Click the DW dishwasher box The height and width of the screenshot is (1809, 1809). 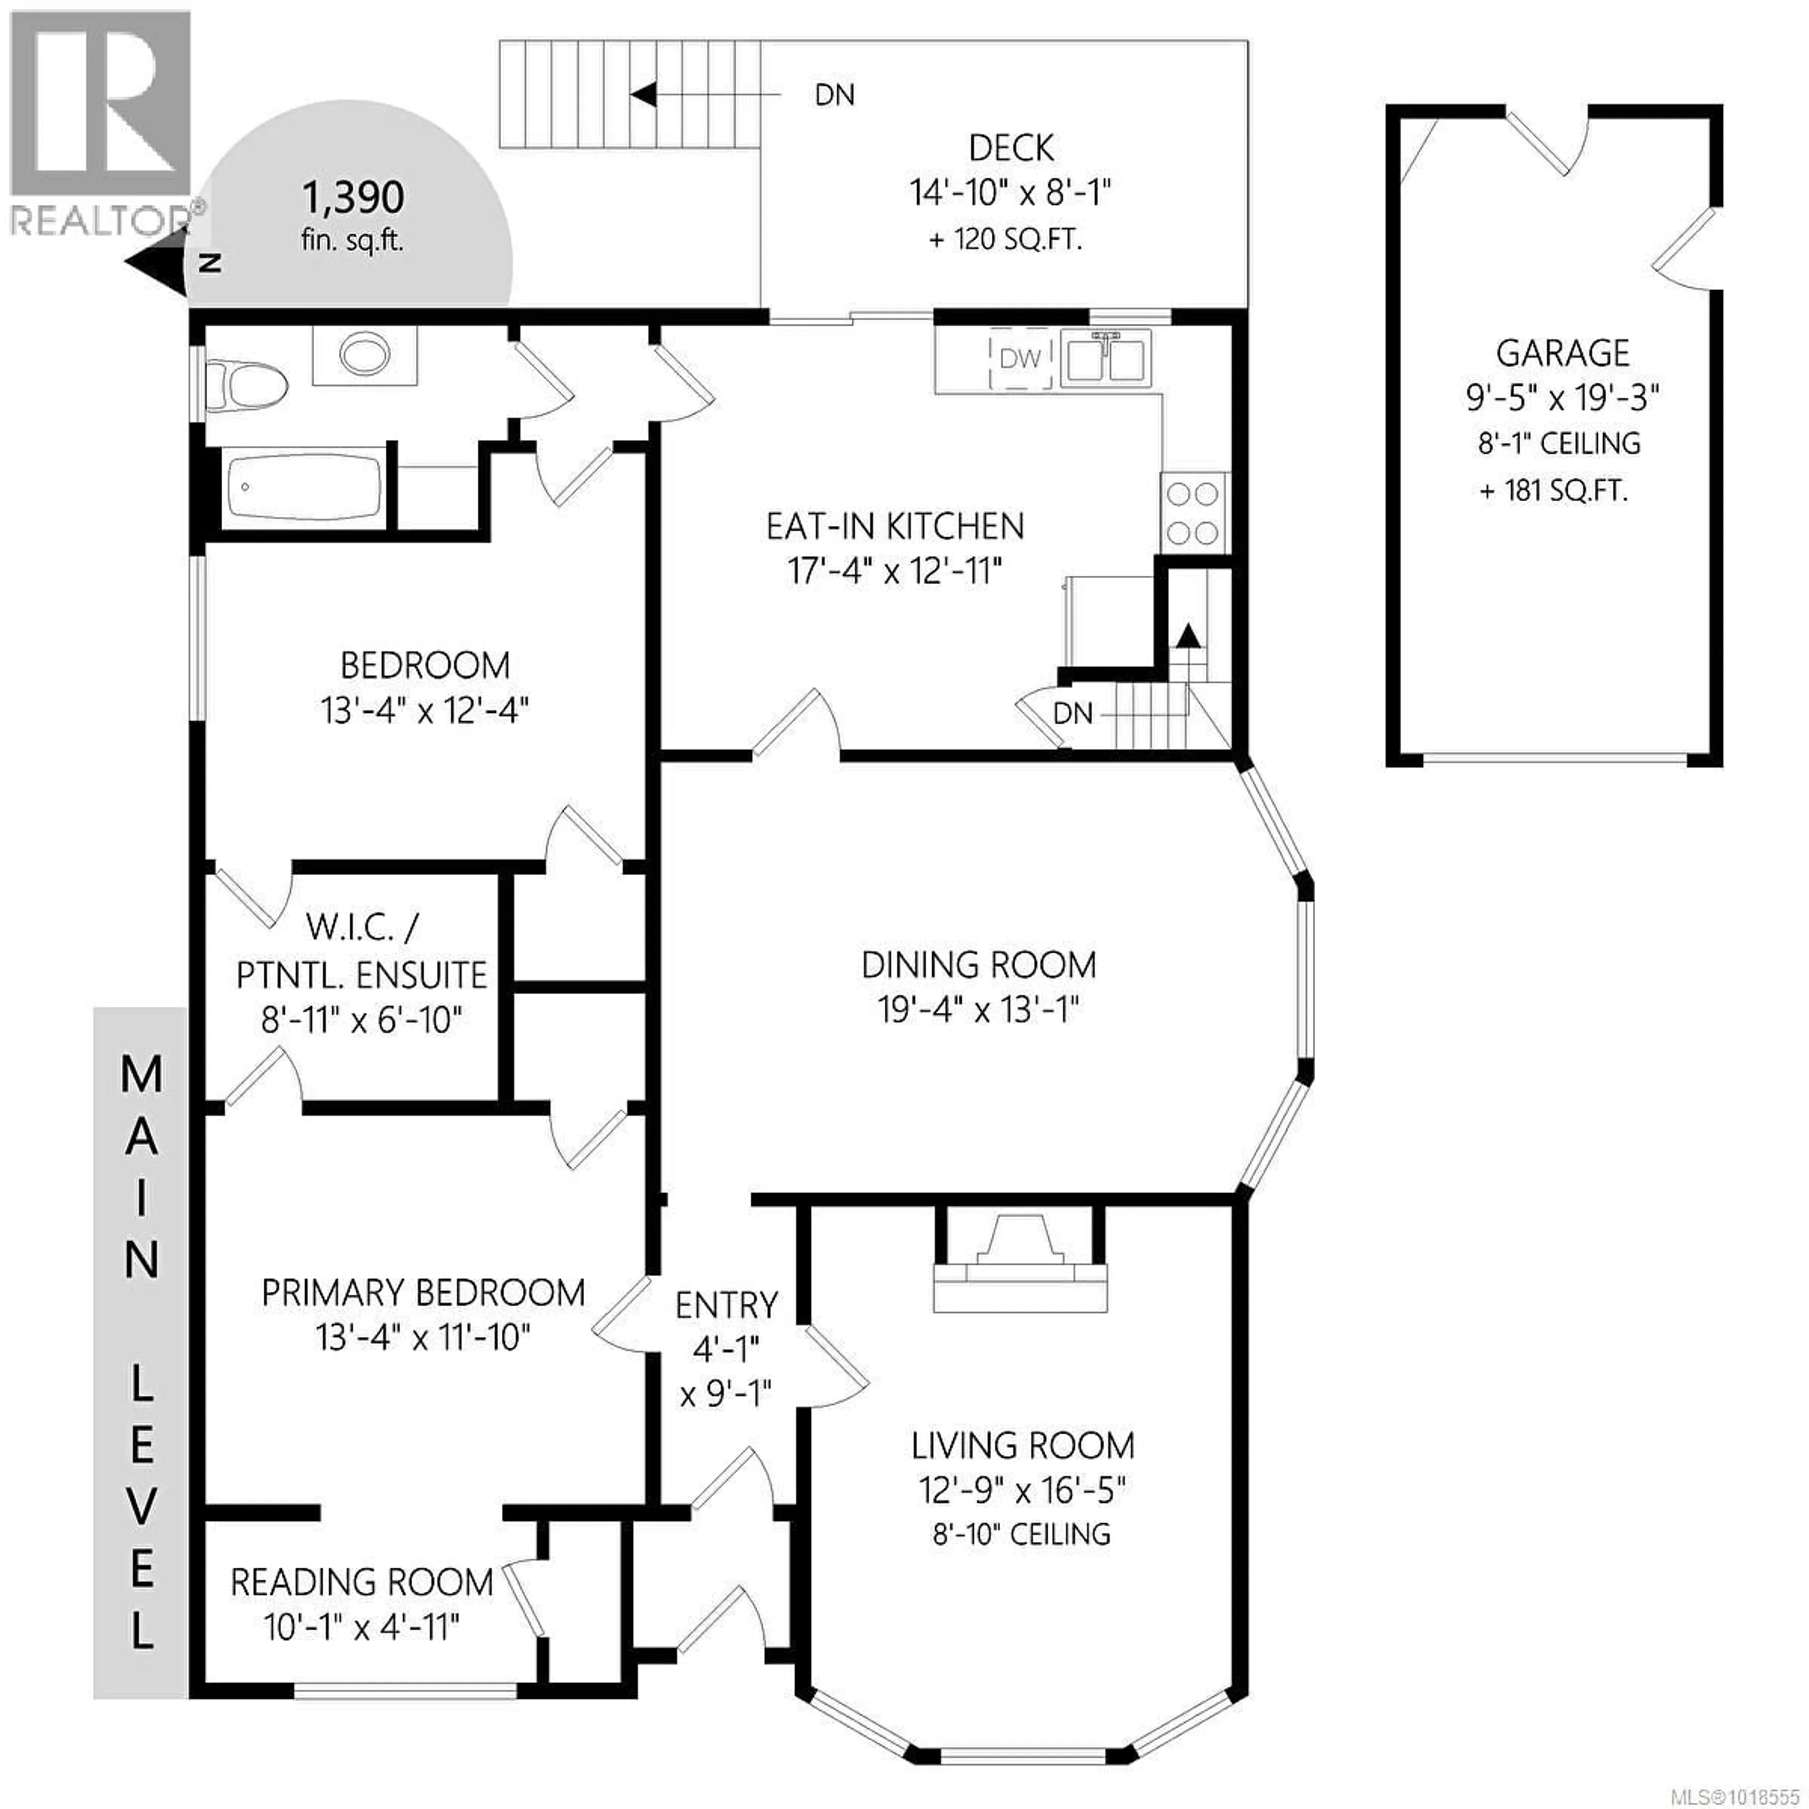(1019, 358)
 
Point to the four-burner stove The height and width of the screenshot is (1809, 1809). (1194, 513)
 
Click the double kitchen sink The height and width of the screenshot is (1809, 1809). (1106, 359)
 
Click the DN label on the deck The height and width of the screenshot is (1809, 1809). (834, 95)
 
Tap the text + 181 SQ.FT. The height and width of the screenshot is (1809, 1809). (1553, 490)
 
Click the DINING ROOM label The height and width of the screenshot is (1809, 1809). (978, 964)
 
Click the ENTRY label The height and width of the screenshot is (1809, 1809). (725, 1304)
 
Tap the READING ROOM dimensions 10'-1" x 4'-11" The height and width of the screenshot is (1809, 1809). (361, 1627)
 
